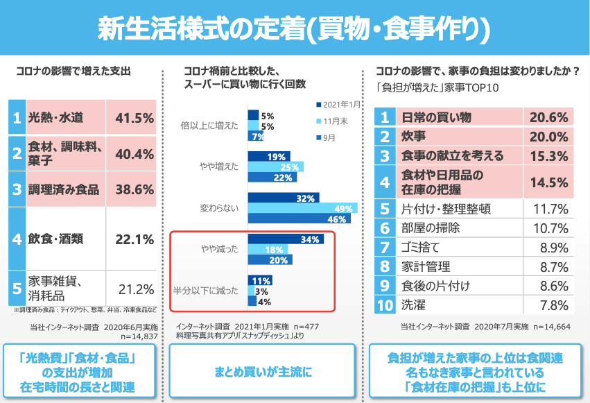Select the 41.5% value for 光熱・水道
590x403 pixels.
point(134,118)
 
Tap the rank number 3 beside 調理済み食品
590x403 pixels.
point(17,189)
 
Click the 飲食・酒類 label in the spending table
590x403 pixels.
point(55,239)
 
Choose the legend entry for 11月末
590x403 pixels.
point(334,121)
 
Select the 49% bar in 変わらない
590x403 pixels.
point(303,209)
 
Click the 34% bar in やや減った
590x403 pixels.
point(285,240)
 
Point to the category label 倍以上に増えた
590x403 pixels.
point(209,126)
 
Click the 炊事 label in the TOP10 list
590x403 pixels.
point(413,137)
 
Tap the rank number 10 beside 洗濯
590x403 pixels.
point(385,304)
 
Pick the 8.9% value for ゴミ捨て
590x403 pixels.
point(554,246)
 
